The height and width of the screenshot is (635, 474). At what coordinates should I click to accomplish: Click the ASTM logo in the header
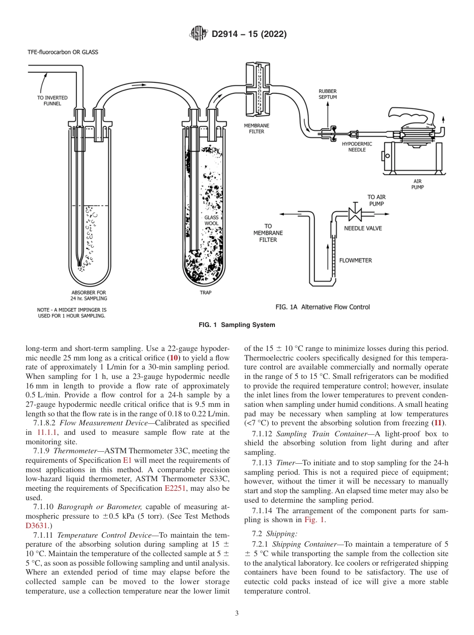[199, 34]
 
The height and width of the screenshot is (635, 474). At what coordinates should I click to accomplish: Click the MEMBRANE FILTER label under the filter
[253, 129]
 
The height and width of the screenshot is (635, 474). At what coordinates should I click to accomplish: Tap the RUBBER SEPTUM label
[327, 94]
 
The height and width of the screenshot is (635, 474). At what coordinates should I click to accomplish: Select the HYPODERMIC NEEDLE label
[357, 146]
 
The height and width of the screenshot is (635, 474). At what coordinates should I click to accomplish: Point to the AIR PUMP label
[418, 185]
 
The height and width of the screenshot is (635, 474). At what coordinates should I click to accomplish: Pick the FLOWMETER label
[355, 260]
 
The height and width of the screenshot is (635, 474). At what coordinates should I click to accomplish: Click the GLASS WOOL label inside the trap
[212, 221]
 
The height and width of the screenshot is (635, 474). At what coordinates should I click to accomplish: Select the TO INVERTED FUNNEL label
[52, 100]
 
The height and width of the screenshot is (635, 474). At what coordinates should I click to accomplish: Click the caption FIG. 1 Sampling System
[237, 325]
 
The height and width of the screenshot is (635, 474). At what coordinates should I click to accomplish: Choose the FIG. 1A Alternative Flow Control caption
[322, 307]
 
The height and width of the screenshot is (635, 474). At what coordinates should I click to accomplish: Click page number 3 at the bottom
[237, 614]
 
